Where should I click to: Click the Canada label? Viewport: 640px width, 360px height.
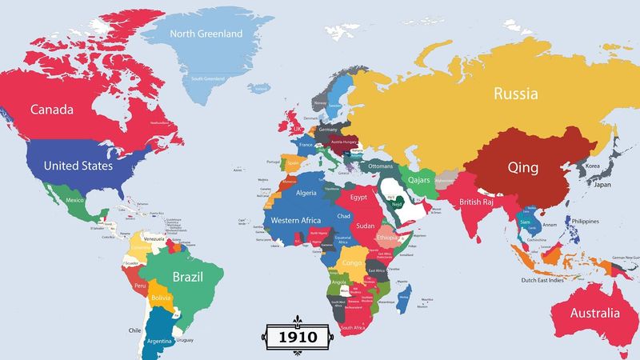click(52, 109)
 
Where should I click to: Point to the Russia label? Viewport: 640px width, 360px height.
click(516, 94)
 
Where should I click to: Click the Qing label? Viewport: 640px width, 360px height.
click(525, 168)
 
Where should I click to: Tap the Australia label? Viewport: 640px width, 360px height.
click(593, 313)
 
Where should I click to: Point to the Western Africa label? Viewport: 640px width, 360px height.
click(296, 220)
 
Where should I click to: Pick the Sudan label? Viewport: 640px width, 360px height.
click(365, 226)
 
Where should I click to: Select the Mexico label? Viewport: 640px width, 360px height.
click(75, 200)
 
